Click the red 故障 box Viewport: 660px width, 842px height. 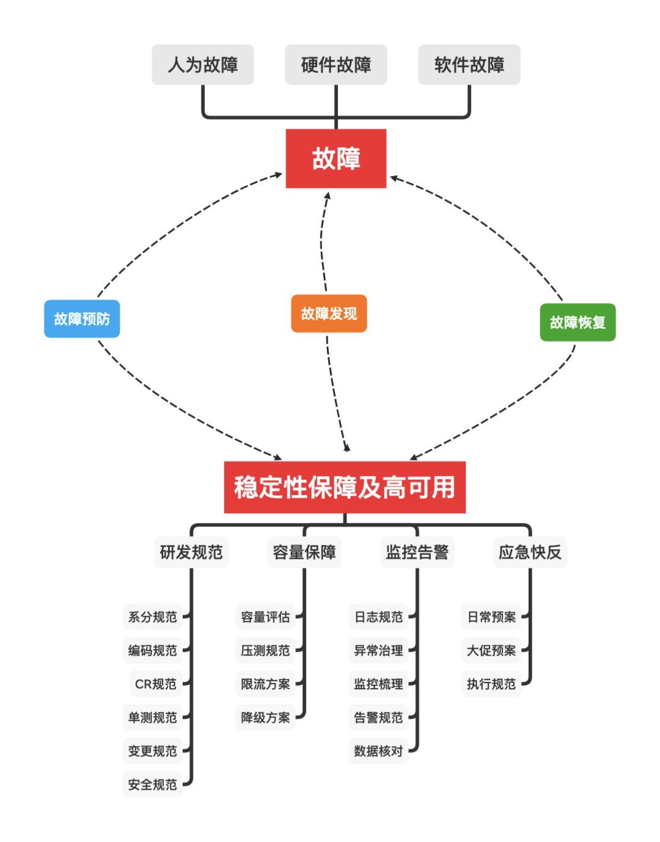tap(335, 158)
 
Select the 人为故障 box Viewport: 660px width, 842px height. tap(202, 65)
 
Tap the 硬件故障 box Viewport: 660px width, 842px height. tap(335, 65)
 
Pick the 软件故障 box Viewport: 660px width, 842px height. tap(469, 65)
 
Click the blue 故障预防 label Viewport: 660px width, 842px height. tap(82, 319)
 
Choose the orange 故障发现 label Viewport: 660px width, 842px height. tap(329, 313)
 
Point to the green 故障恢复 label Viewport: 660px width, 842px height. tap(577, 323)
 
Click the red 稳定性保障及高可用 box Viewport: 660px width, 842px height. tap(345, 488)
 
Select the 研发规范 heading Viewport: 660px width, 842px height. tap(191, 552)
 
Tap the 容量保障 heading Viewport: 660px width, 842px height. tap(304, 552)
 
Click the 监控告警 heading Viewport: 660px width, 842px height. tap(417, 552)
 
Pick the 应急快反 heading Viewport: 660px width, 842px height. tap(530, 552)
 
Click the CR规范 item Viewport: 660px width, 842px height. tap(155, 684)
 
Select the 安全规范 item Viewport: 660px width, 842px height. tap(152, 785)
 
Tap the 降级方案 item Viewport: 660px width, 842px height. tap(265, 717)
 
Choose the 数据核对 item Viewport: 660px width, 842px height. tap(378, 751)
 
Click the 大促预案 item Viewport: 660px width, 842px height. tap(491, 651)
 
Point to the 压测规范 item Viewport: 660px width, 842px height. tap(265, 651)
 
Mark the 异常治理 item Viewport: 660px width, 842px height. tap(378, 651)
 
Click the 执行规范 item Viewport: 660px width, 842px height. tap(491, 684)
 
